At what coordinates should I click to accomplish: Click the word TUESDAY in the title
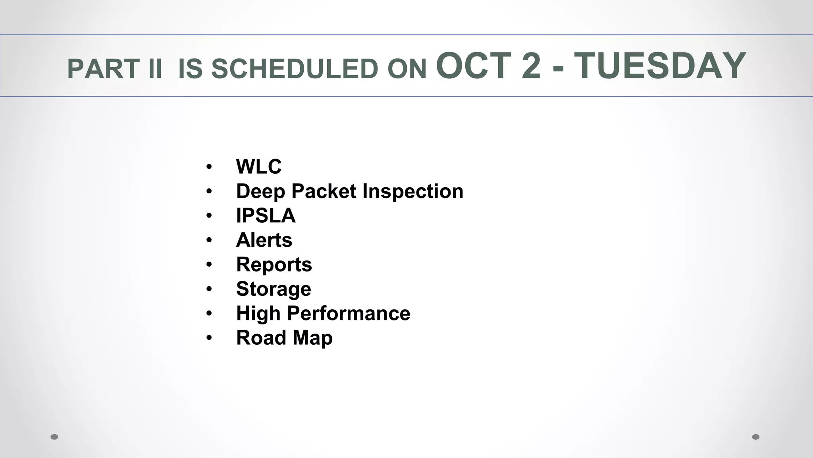(x=660, y=66)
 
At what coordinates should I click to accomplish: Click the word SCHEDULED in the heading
(x=295, y=69)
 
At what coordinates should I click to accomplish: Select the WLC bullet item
(x=258, y=167)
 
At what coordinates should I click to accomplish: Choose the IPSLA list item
(x=266, y=215)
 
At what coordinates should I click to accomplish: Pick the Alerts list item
(x=264, y=240)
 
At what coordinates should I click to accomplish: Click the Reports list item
(x=274, y=265)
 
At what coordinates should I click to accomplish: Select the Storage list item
(x=274, y=289)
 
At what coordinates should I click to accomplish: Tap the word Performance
(x=349, y=313)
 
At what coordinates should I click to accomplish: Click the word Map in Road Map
(x=313, y=338)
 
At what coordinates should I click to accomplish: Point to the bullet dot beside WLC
(x=209, y=167)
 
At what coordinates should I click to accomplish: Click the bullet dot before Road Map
(x=209, y=338)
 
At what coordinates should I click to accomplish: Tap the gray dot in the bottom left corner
(x=54, y=437)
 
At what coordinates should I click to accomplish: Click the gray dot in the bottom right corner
(x=756, y=437)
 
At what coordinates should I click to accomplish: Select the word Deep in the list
(x=260, y=191)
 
